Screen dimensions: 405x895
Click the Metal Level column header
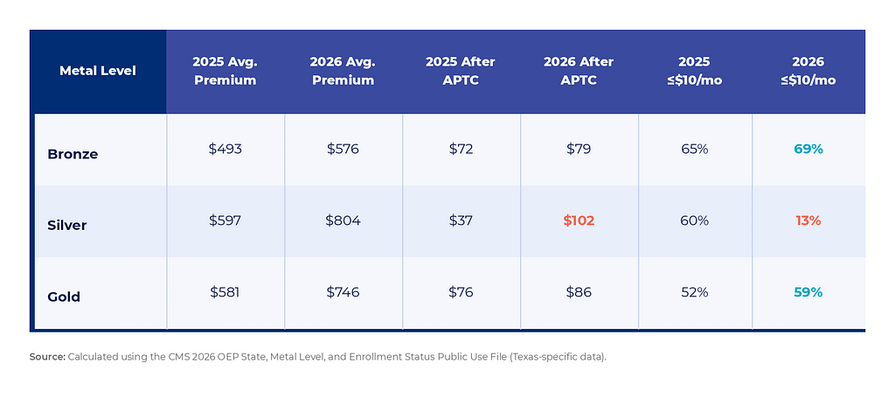pyautogui.click(x=98, y=71)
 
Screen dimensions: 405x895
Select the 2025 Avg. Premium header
pyautogui.click(x=225, y=71)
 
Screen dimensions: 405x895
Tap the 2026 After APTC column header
pyautogui.click(x=579, y=71)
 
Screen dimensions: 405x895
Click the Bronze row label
pyautogui.click(x=73, y=154)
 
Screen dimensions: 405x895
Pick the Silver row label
pyautogui.click(x=67, y=226)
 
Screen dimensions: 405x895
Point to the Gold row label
pyautogui.click(x=65, y=297)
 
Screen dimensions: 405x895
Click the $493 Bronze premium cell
pyautogui.click(x=225, y=149)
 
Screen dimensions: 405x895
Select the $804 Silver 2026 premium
pyautogui.click(x=343, y=220)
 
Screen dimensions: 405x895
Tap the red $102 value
pyautogui.click(x=579, y=220)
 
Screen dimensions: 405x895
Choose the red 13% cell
pyautogui.click(x=808, y=220)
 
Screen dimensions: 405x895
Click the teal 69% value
pyautogui.click(x=808, y=149)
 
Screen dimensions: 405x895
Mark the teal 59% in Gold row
pyautogui.click(x=808, y=292)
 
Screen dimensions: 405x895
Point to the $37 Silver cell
pyautogui.click(x=461, y=220)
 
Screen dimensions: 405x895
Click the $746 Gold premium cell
pyautogui.click(x=343, y=292)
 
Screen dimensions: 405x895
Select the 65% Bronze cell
pyautogui.click(x=694, y=149)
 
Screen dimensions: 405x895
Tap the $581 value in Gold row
pyautogui.click(x=225, y=292)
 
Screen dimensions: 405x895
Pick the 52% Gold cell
pyautogui.click(x=694, y=292)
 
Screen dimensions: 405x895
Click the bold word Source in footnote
pyautogui.click(x=47, y=357)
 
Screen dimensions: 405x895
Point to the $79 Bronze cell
pyautogui.click(x=579, y=149)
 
